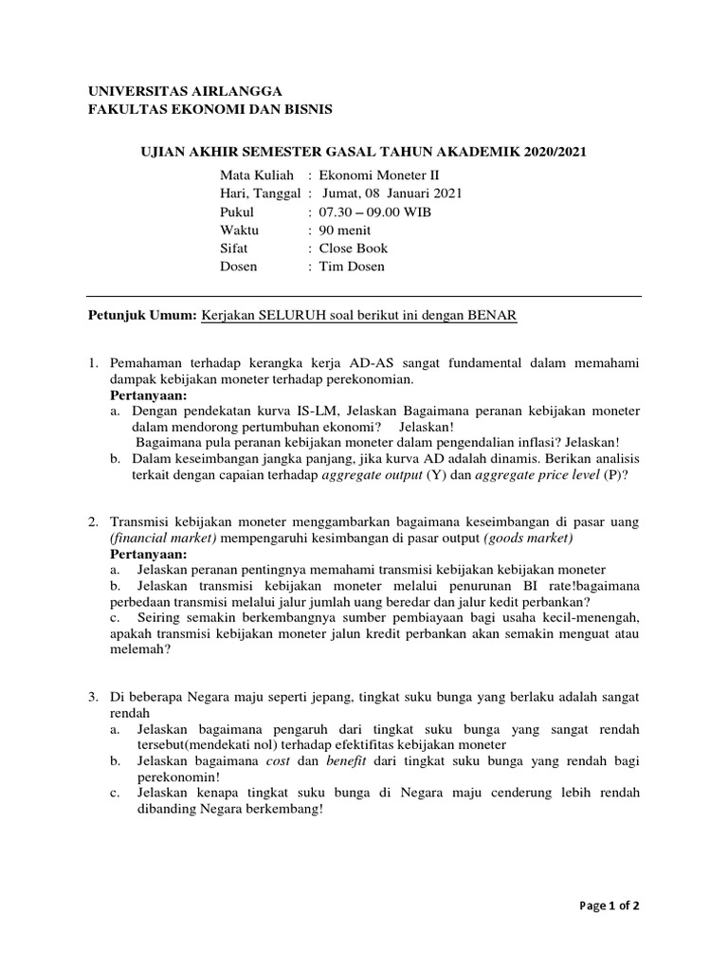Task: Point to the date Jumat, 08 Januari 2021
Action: coord(391,193)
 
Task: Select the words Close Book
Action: coord(354,248)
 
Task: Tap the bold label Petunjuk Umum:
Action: coord(142,316)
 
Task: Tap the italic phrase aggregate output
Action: coord(371,475)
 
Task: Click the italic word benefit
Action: coord(346,761)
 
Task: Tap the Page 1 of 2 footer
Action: coord(610,906)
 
